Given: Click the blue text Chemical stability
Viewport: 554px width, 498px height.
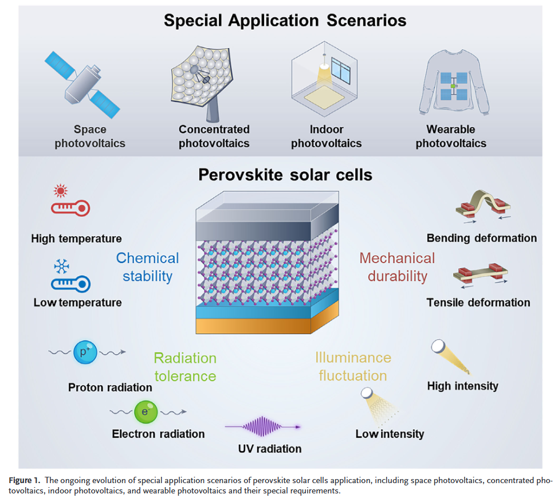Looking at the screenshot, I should [147, 267].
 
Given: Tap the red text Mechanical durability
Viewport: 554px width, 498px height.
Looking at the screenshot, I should [397, 267].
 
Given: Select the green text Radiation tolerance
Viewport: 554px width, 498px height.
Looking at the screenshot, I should [184, 367].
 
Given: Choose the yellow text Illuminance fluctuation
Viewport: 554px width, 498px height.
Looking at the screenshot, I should [353, 367].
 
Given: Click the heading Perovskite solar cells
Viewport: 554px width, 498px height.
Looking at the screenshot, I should [285, 175].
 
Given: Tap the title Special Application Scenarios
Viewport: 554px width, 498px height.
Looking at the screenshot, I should [285, 21].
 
